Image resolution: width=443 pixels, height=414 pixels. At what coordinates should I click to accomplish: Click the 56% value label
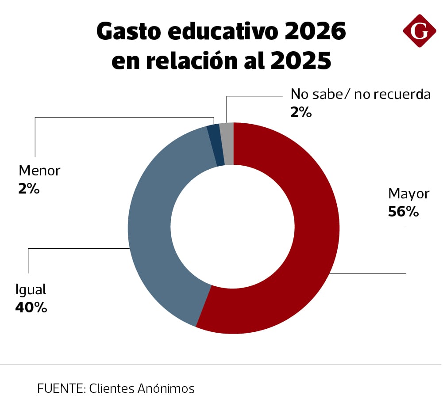point(403,212)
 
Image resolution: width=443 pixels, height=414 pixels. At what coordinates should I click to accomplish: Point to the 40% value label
point(31,307)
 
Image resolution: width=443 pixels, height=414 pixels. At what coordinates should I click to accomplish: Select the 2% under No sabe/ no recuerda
point(301,113)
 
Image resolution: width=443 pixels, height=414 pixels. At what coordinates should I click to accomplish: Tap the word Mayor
point(408,194)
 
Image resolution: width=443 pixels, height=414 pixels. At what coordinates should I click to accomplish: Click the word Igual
point(31,289)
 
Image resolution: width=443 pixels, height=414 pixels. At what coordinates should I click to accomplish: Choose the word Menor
point(39,170)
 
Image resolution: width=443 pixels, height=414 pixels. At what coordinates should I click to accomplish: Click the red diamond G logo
point(420,30)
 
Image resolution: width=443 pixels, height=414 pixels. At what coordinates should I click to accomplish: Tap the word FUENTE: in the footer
point(62,388)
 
